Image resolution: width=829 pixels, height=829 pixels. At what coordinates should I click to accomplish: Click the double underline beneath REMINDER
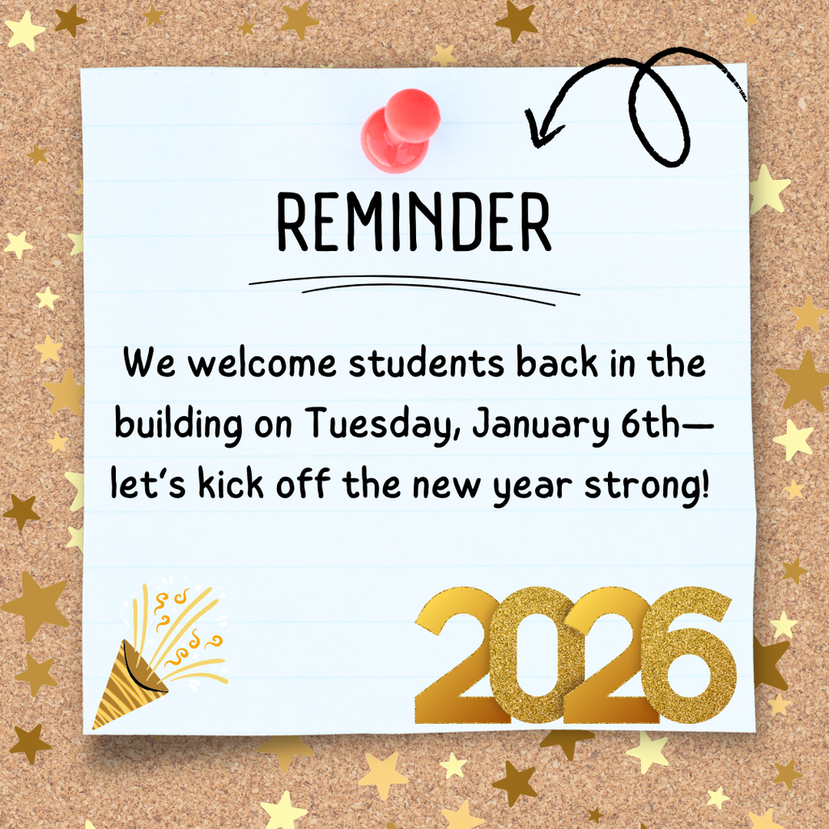coord(413,287)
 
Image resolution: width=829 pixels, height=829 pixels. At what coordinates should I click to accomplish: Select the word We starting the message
coord(147,364)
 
